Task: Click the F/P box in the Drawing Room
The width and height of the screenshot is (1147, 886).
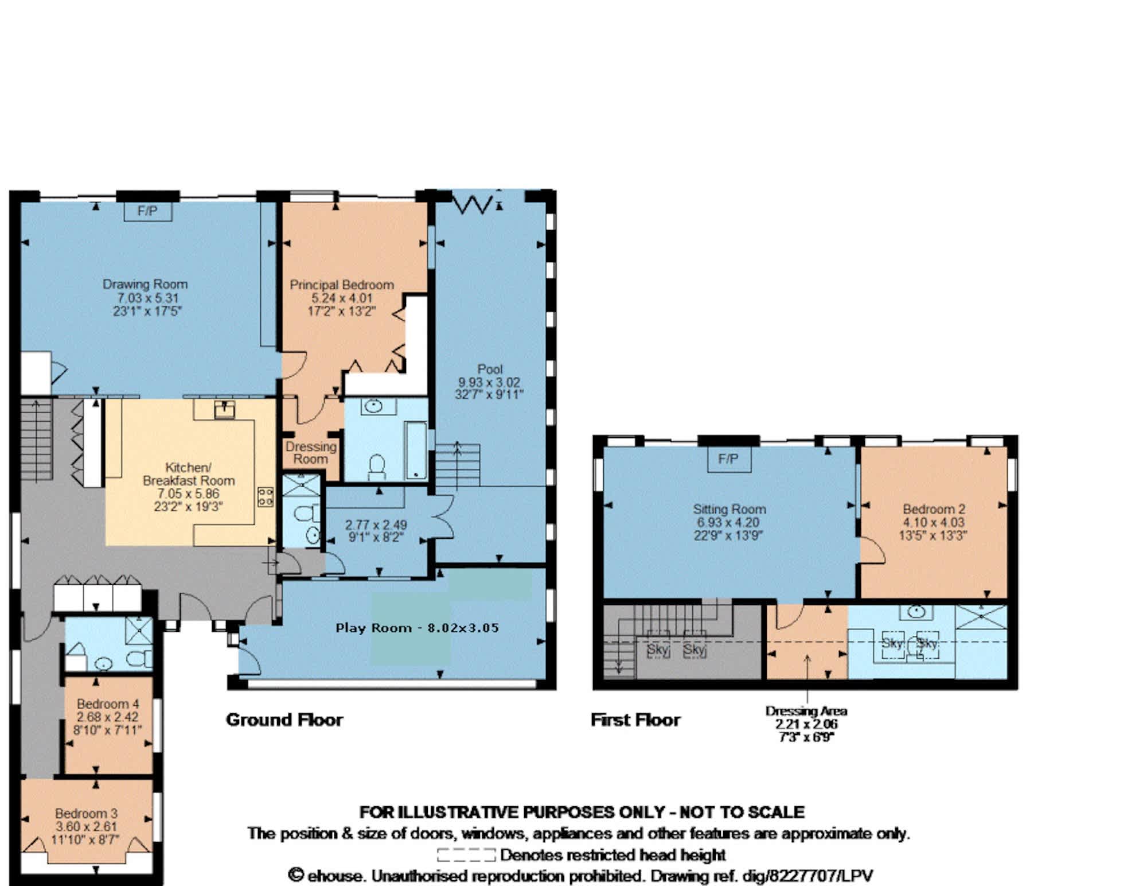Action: tap(148, 211)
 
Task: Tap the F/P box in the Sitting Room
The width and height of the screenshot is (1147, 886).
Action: tap(728, 459)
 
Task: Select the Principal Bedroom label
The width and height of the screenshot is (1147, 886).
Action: tap(341, 285)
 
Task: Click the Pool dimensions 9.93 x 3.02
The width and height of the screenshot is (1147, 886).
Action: tap(489, 382)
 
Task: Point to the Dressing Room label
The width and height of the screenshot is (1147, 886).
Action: tap(311, 453)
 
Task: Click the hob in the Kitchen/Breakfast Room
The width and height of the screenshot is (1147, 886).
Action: tap(265, 496)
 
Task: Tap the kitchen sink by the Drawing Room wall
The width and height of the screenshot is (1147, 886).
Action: tap(224, 409)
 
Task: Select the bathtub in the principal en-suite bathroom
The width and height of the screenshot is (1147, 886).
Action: tap(416, 450)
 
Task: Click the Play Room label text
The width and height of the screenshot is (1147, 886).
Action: tap(373, 628)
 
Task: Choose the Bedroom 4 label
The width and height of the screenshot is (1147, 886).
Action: tap(108, 704)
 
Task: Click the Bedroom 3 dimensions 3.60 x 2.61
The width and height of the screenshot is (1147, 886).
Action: tap(86, 827)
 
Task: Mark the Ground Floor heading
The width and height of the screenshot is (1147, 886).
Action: tap(284, 720)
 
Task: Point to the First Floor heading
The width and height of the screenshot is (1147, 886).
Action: tap(635, 720)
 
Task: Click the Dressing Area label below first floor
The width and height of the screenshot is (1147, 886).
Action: tap(806, 711)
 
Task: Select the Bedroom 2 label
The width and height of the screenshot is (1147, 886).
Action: tap(934, 509)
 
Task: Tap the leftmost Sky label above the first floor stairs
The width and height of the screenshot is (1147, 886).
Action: tap(658, 650)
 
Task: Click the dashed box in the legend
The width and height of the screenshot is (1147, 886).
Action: tap(466, 855)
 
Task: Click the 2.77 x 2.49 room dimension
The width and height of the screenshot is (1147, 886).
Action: tap(376, 525)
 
